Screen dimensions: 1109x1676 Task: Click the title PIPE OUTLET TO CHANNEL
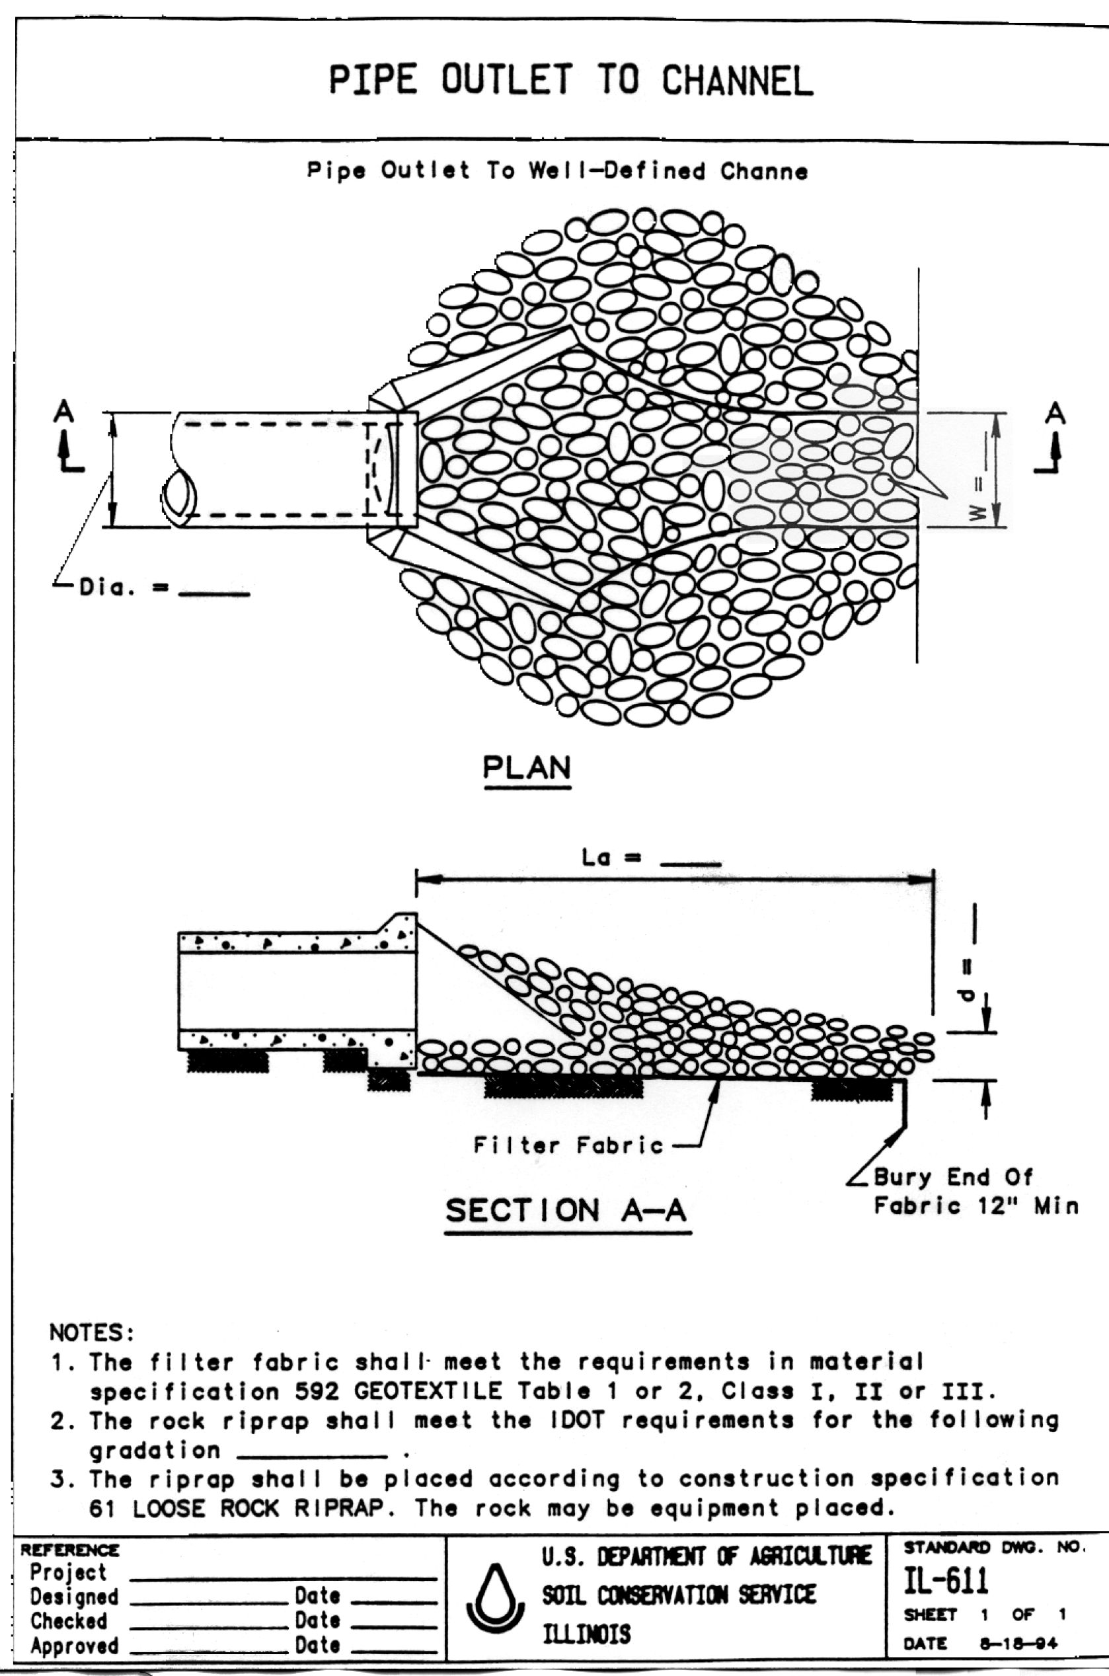point(571,80)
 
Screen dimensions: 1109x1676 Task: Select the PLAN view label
point(526,767)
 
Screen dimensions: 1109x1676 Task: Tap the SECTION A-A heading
point(566,1210)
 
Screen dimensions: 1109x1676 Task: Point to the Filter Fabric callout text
point(568,1145)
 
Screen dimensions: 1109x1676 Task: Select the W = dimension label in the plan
point(977,498)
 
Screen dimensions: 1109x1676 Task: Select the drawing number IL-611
point(946,1581)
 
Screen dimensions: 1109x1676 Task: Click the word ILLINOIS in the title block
point(586,1634)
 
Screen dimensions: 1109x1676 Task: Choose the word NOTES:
point(91,1332)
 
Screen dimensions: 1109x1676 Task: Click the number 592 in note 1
point(317,1391)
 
